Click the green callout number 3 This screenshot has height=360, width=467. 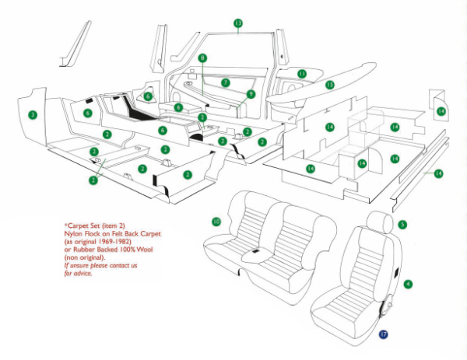[x=32, y=115]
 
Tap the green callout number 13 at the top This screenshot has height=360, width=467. [x=238, y=23]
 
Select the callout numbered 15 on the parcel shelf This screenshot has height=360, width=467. [x=329, y=84]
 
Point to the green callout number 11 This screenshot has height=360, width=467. [x=302, y=74]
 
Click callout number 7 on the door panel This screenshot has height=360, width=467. [x=225, y=82]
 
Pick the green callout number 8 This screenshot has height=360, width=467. [x=202, y=58]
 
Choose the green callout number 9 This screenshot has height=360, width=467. [x=251, y=93]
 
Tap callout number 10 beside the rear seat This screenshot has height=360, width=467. [x=216, y=222]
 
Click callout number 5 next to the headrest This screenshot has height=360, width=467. [x=402, y=225]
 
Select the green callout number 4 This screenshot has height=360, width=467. [x=408, y=286]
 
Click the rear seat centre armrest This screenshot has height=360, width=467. [x=256, y=254]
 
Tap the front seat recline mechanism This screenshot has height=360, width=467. [x=384, y=307]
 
